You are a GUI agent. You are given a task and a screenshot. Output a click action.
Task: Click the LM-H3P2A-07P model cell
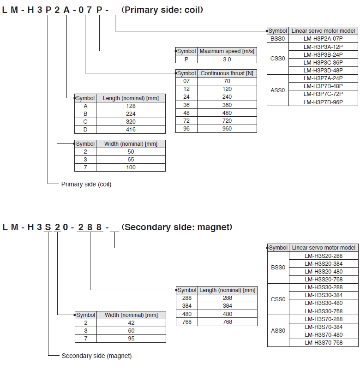point(323,39)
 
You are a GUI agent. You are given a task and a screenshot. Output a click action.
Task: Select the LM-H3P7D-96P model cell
point(323,102)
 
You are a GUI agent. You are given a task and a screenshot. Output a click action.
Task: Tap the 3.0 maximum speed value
point(227,59)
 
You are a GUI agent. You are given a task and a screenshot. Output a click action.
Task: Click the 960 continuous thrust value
point(227,129)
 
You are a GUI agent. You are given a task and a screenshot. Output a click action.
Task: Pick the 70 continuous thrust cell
point(227,81)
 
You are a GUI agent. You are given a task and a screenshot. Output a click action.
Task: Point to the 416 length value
point(131,130)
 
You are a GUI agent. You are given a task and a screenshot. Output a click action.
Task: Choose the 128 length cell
point(131,106)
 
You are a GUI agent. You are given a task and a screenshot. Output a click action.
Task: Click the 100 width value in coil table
point(131,167)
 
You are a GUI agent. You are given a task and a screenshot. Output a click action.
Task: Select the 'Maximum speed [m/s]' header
point(227,51)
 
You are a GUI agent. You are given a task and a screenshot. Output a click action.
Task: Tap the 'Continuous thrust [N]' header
point(227,73)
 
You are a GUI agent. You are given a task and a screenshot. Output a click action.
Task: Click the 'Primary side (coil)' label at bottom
point(86,184)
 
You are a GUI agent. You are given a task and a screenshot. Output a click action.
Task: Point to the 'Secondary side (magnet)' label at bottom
point(96,356)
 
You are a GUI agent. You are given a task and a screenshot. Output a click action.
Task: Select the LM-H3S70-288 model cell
point(324,319)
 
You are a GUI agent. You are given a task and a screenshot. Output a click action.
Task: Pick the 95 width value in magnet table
point(131,339)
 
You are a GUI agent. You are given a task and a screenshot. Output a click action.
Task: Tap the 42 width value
point(131,323)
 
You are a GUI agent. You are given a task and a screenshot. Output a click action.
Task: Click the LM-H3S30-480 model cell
point(324,303)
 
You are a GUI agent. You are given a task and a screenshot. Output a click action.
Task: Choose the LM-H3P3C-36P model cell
point(323,62)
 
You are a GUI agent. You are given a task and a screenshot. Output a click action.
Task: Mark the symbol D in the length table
point(85,130)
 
